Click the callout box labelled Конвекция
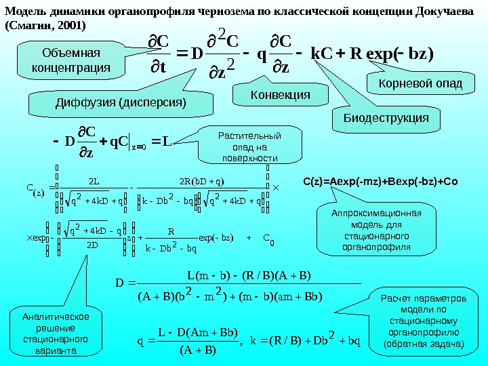point(271,96)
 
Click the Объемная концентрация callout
point(66,60)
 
